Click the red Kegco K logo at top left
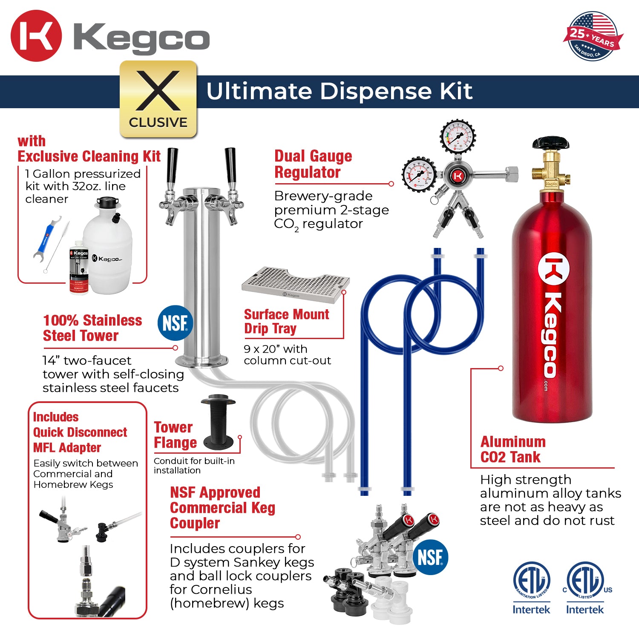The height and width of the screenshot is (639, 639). point(36,36)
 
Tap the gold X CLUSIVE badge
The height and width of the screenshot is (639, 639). point(158,99)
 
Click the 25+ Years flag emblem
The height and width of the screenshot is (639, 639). point(593,36)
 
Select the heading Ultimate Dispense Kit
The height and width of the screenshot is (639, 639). point(339,91)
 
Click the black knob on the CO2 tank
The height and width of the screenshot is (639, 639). point(550,144)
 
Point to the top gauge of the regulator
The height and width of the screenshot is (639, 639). point(458,137)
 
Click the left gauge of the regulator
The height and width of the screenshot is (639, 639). point(419,175)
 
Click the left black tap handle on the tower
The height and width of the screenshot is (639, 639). point(172,166)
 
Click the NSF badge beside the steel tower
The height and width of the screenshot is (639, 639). point(175,323)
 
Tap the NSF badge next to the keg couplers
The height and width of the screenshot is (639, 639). point(430,557)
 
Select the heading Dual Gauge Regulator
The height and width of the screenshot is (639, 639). point(313,164)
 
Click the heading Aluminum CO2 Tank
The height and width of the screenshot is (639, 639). point(513,449)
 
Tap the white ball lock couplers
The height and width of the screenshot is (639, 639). point(390,601)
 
